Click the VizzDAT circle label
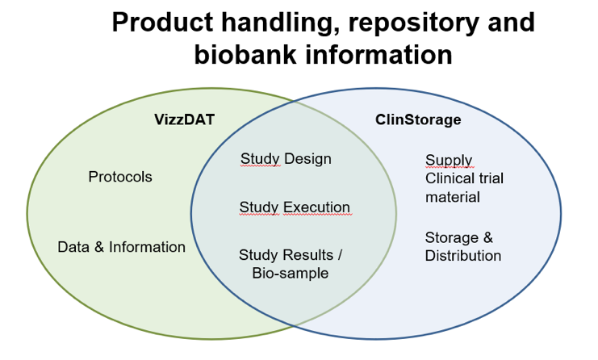(184, 119)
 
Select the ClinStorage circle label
(418, 119)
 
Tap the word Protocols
(120, 177)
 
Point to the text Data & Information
(121, 247)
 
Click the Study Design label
(286, 159)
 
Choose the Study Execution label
(295, 207)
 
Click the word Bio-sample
(291, 274)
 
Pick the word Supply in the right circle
(449, 161)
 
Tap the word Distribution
(463, 256)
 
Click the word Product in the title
(163, 22)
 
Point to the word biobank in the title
(245, 55)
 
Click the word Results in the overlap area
(309, 255)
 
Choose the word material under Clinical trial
(453, 197)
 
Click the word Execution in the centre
(316, 207)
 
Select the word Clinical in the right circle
(449, 178)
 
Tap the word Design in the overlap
(307, 159)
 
